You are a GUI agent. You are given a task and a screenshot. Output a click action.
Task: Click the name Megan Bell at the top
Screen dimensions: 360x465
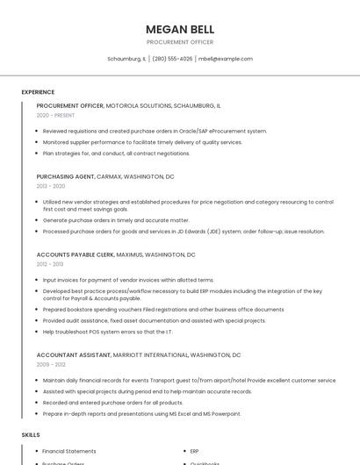(179, 29)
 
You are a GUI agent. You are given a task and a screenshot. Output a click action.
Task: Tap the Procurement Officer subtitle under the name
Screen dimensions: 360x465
(179, 42)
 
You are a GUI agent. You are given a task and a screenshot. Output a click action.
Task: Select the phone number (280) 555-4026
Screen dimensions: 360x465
(172, 59)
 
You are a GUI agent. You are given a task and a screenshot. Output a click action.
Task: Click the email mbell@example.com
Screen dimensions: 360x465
(226, 59)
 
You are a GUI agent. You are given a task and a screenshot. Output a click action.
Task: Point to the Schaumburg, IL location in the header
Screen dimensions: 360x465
(126, 59)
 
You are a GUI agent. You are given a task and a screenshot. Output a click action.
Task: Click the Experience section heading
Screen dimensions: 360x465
(38, 92)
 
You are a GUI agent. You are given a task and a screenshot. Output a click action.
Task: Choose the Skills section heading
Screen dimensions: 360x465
(31, 435)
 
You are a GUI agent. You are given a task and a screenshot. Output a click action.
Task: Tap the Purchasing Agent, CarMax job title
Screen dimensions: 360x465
(104, 176)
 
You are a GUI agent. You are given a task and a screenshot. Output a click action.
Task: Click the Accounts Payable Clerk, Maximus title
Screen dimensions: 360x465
(116, 254)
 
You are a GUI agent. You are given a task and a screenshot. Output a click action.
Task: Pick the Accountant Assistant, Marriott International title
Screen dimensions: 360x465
(138, 355)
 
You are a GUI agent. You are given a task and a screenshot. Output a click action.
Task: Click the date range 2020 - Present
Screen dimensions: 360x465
(55, 115)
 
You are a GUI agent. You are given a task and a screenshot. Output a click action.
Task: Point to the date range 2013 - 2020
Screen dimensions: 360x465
(51, 186)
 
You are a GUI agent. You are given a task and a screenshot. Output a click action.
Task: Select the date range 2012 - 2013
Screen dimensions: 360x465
(50, 264)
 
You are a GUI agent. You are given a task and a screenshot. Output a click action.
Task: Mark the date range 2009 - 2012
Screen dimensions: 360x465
(51, 365)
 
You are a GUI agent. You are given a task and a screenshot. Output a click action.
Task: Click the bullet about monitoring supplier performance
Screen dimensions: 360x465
(142, 142)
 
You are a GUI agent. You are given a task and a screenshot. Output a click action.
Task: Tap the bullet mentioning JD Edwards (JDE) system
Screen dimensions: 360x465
(184, 232)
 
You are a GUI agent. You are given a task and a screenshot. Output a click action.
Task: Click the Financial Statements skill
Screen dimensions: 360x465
(69, 451)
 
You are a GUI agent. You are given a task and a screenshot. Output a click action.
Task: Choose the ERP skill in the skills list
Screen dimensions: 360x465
(194, 451)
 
